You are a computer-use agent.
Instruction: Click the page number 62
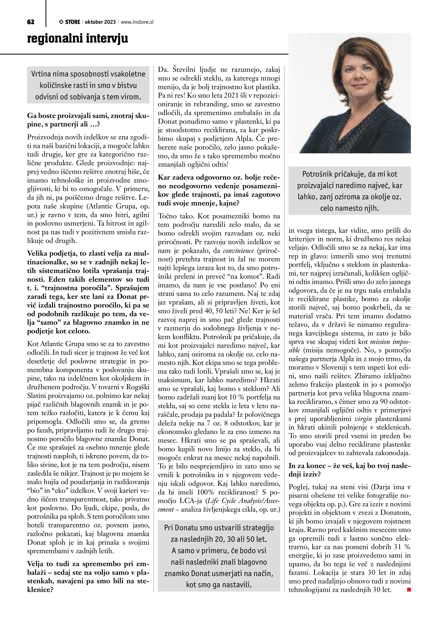[x=31, y=22]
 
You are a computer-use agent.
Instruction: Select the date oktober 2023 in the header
[x=100, y=22]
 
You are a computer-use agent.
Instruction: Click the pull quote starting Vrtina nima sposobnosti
[x=88, y=85]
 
